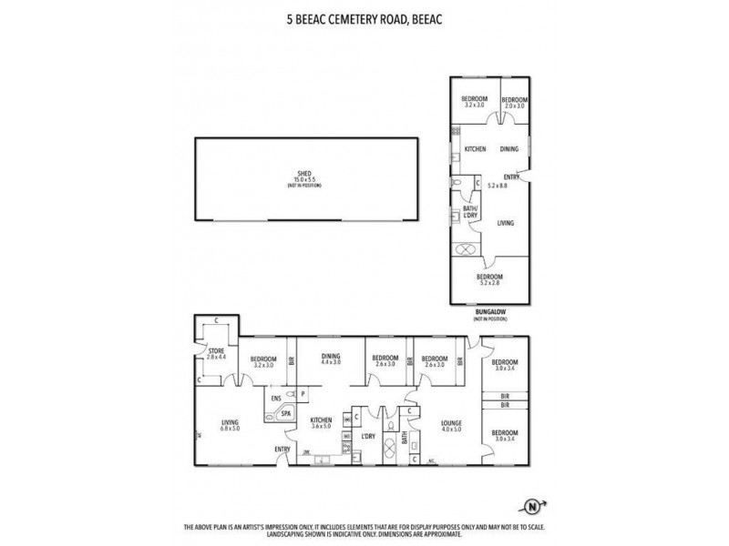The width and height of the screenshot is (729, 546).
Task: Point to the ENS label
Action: pos(276,398)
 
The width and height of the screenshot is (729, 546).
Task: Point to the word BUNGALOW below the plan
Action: pos(490,312)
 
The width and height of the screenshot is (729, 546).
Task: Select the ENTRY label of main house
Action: pos(282,449)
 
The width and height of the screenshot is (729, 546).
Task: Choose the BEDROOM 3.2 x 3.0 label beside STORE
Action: pos(263,361)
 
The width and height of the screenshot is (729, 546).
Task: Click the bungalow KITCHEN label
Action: pos(475,149)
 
